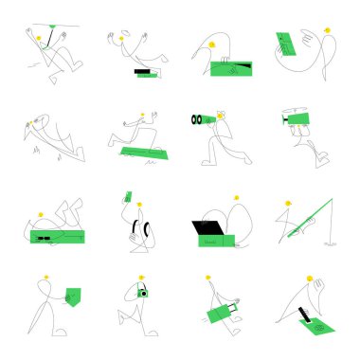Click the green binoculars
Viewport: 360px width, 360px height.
(203, 120)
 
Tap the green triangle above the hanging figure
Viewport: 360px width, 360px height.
(45, 28)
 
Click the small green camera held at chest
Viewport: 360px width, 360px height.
(143, 294)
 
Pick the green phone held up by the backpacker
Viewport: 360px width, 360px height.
(128, 197)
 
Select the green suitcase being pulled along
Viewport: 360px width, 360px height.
(222, 310)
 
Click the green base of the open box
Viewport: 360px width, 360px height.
(217, 241)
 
